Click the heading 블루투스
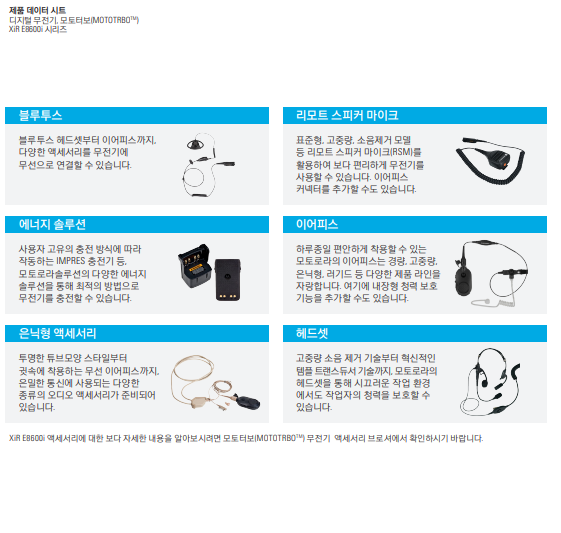point(40,115)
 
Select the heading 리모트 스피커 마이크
point(347,115)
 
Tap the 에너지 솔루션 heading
point(52,224)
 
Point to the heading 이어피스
point(317,224)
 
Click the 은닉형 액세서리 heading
point(57,333)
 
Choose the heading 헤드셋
point(312,333)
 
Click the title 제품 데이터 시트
point(38,10)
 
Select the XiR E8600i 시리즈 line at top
point(38,29)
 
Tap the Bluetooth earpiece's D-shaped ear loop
point(195,144)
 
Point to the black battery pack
point(228,280)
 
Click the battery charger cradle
point(195,265)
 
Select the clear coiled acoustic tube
point(495,303)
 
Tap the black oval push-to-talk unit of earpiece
point(464,282)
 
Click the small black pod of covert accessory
point(248,403)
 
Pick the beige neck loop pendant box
point(198,402)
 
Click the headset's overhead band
point(491,354)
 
